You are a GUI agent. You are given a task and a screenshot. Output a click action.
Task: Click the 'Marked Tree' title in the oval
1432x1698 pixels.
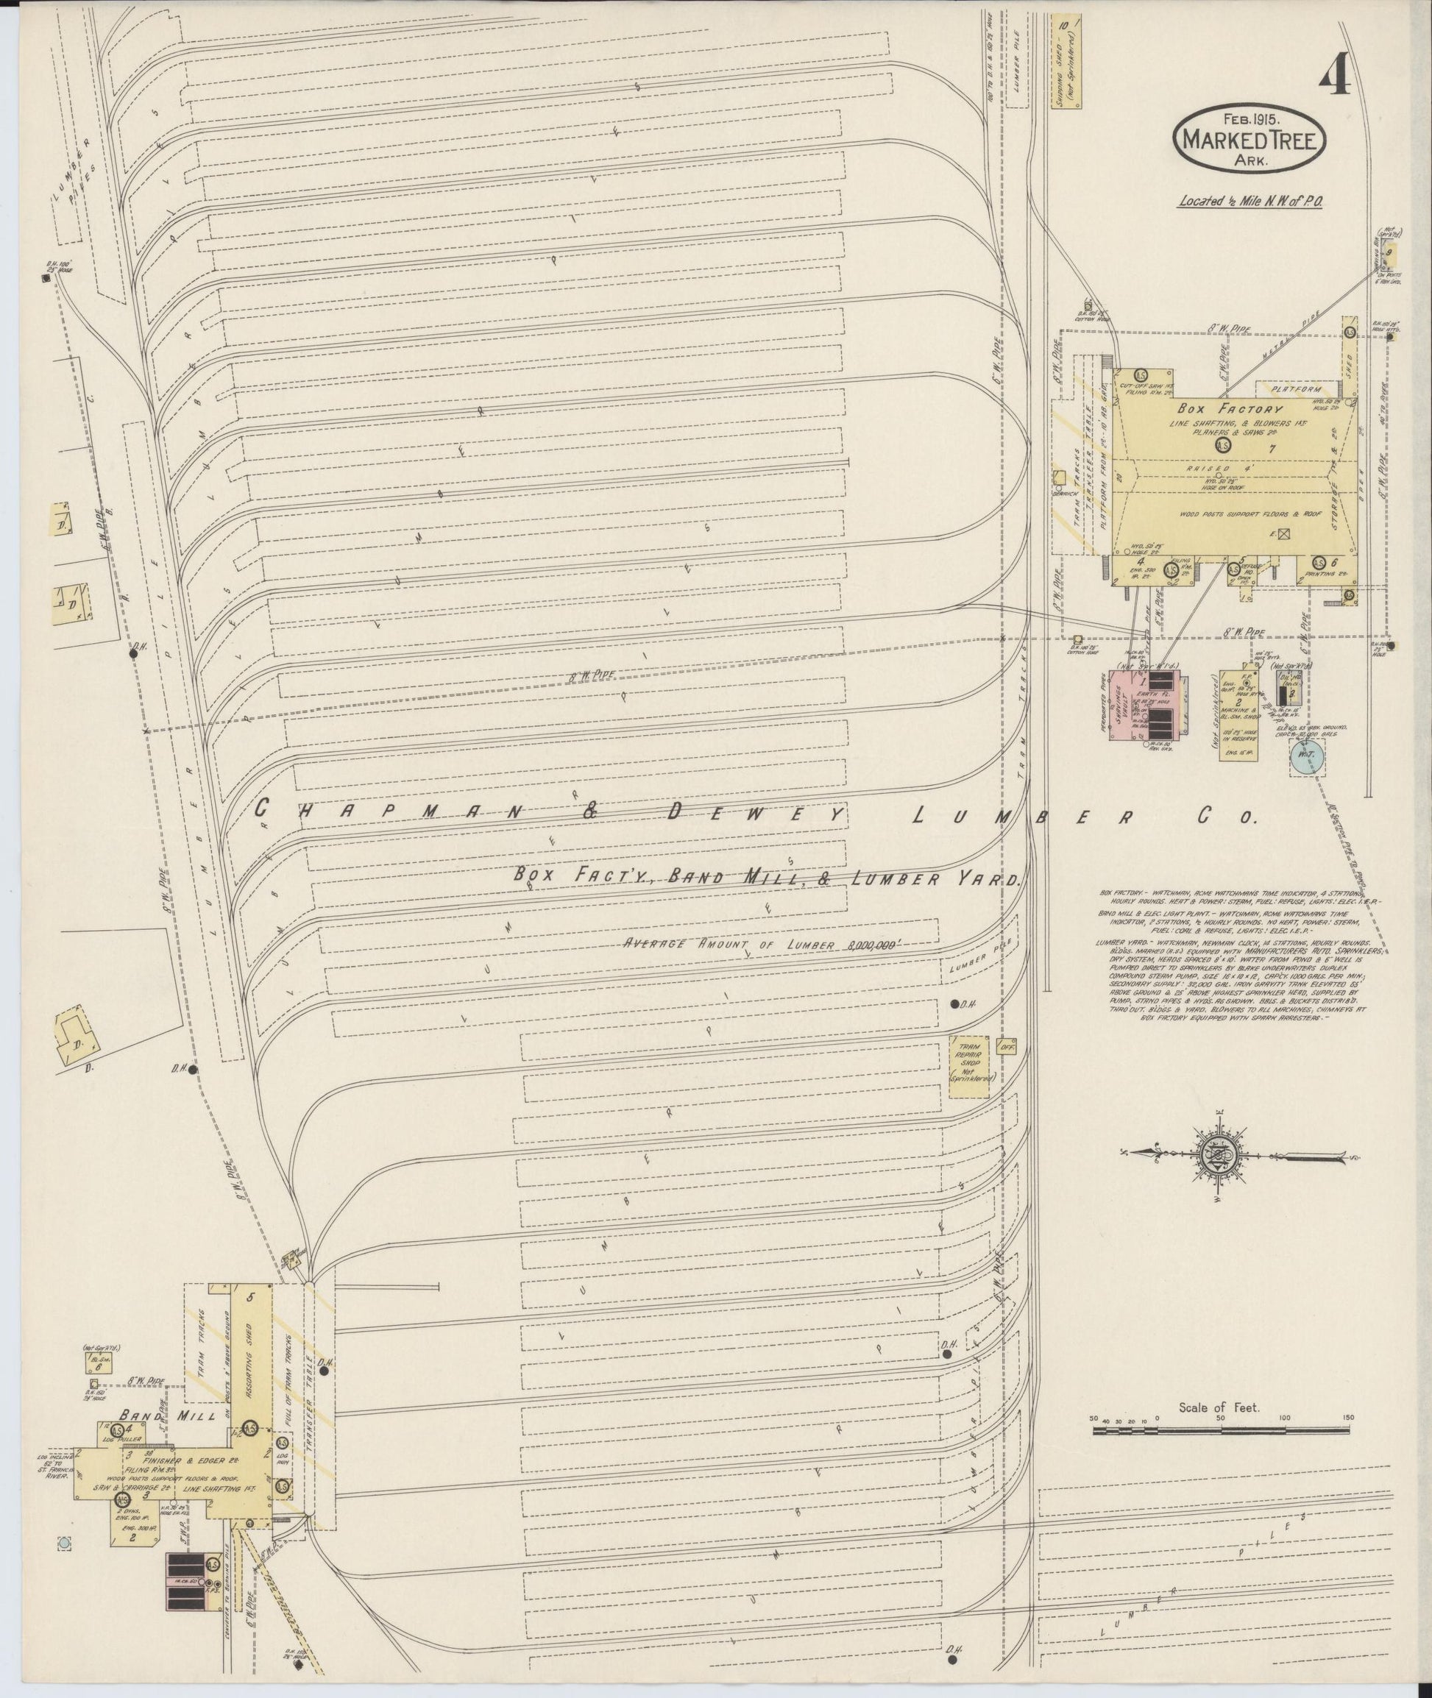coord(1250,140)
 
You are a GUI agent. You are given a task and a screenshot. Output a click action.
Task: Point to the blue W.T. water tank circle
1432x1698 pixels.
coord(1307,754)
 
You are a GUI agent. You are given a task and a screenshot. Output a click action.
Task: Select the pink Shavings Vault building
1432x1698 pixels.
coord(1123,706)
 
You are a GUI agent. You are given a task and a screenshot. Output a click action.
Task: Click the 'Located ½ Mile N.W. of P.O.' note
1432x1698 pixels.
coord(1251,201)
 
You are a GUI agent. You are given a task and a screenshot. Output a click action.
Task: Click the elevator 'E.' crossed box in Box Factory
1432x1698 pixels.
coord(1284,535)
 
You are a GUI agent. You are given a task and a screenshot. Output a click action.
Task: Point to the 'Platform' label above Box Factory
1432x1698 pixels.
coord(1297,390)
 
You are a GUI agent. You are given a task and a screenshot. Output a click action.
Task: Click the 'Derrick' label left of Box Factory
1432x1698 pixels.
coord(1064,493)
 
